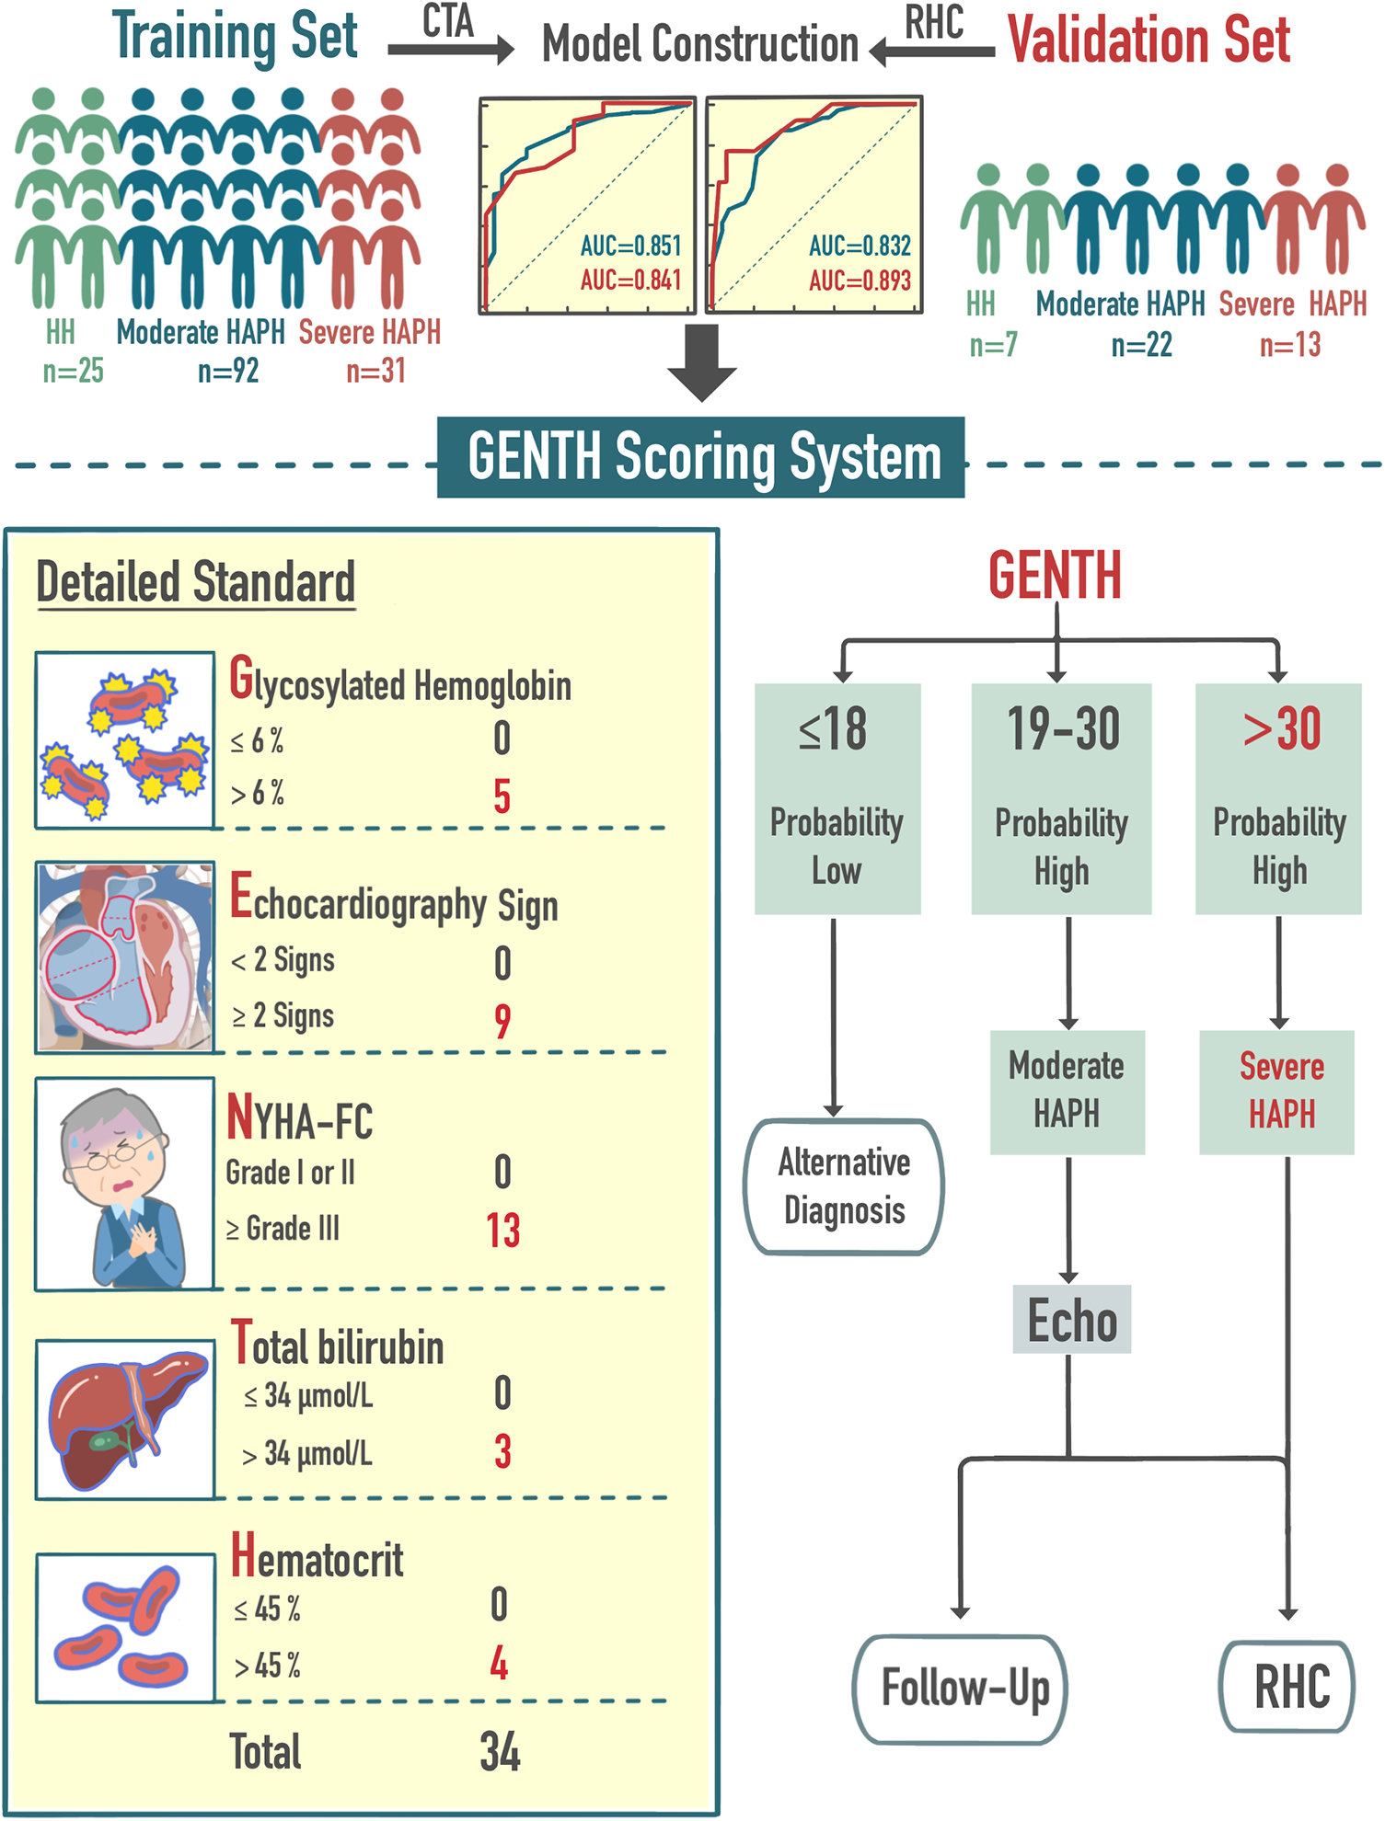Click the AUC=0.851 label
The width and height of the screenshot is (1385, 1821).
tap(630, 246)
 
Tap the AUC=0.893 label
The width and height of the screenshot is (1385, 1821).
tap(860, 281)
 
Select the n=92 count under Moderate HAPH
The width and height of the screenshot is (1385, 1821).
tap(228, 372)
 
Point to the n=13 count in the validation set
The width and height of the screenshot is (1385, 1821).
tap(1290, 346)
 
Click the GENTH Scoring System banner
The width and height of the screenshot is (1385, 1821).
tap(701, 457)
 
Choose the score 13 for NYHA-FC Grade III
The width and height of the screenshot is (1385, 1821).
tap(503, 1231)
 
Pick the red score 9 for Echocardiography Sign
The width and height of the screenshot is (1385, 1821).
tap(502, 1020)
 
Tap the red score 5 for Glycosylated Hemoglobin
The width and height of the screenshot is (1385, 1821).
tap(502, 796)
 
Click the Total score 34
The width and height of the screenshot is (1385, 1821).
tap(501, 1752)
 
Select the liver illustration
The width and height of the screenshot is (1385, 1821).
tap(125, 1418)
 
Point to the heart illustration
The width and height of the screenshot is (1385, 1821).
tap(125, 956)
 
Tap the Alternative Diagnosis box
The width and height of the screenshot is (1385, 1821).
tap(844, 1186)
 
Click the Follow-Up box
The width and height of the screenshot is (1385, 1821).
tap(962, 1689)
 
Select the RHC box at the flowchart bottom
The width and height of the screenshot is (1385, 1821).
tap(1288, 1687)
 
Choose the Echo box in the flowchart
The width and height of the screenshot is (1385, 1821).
tap(1071, 1321)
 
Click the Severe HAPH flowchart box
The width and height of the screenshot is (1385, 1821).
tap(1279, 1092)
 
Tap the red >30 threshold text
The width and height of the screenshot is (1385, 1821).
tap(1281, 729)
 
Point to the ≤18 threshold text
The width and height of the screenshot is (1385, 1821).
tap(833, 730)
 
